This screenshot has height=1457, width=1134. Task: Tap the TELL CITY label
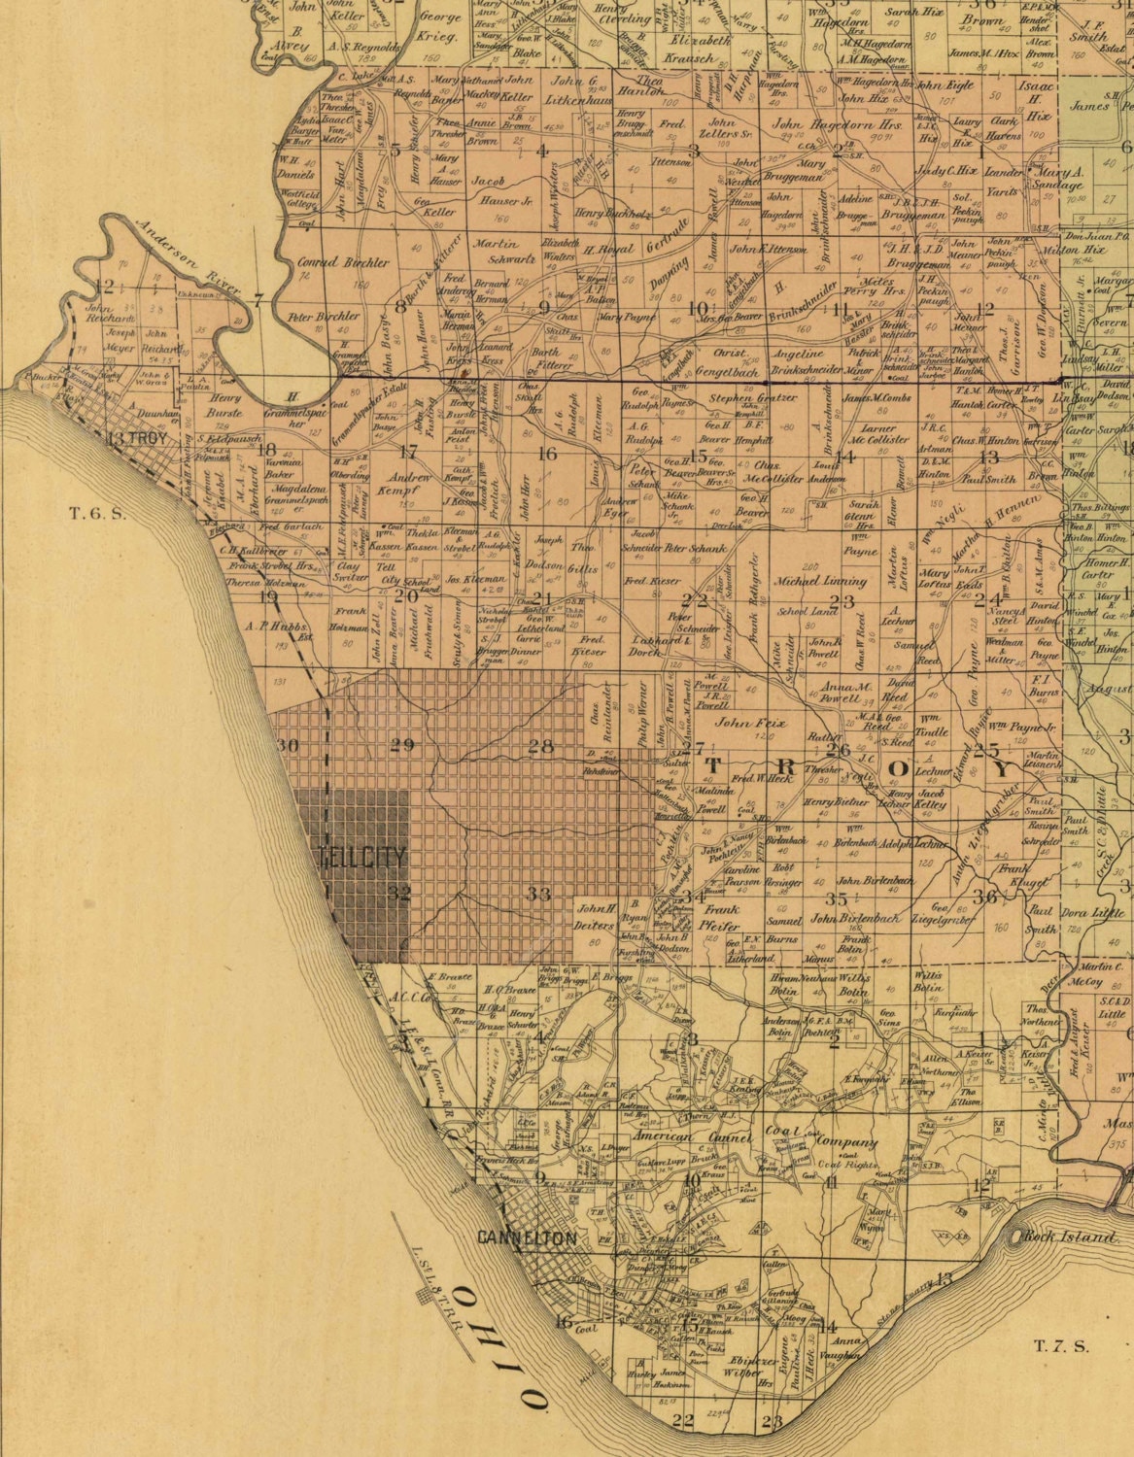361,858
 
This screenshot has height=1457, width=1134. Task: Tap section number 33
539,893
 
